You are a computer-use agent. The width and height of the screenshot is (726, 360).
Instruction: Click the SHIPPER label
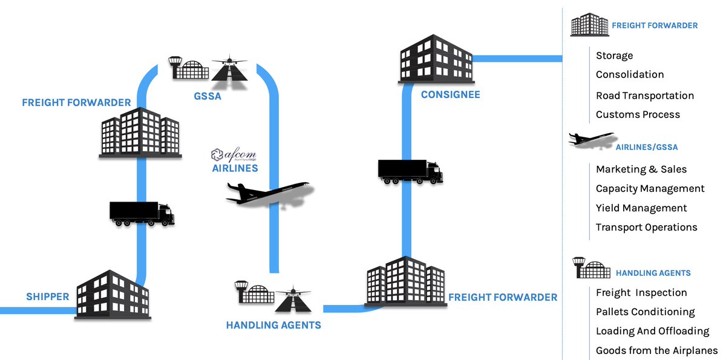pyautogui.click(x=47, y=296)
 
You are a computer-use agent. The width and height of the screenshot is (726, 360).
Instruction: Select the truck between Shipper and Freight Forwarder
pyautogui.click(x=142, y=214)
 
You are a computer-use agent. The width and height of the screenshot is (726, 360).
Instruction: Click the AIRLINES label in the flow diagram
pyautogui.click(x=235, y=168)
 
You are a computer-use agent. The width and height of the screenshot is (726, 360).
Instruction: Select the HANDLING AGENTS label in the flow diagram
pyautogui.click(x=273, y=325)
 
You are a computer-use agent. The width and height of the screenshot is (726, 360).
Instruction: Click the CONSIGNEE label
pyautogui.click(x=450, y=94)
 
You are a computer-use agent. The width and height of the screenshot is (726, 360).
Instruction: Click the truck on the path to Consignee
pyautogui.click(x=410, y=171)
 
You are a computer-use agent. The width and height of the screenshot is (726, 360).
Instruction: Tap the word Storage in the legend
pyautogui.click(x=614, y=56)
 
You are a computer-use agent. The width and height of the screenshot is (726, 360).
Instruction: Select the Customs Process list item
pyautogui.click(x=638, y=114)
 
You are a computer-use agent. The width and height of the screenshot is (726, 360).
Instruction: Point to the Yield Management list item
pyautogui.click(x=641, y=208)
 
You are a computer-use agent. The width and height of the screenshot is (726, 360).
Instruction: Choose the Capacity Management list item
pyautogui.click(x=650, y=189)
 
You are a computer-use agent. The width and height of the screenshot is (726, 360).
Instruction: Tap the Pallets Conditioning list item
pyautogui.click(x=645, y=312)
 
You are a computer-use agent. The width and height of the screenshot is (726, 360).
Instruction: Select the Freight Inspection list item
pyautogui.click(x=641, y=292)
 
